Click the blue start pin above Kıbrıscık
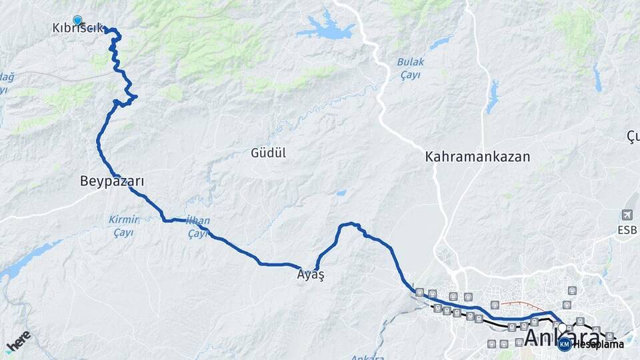pos(77,21)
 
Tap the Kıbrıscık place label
pos(77,29)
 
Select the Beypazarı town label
pos(112,181)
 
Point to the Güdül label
pos(268,153)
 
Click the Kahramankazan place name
pos(477,157)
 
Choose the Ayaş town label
pos(311,274)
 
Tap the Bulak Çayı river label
pos(410,68)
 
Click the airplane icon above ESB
pos(627,215)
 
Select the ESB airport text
pos(627,231)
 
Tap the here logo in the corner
pos(19,341)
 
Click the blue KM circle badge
pos(564,344)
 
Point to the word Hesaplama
pos(598,344)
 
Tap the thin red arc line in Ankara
pos(521,304)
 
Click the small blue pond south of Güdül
pos(341,193)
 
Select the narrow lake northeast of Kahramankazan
pos(493,97)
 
